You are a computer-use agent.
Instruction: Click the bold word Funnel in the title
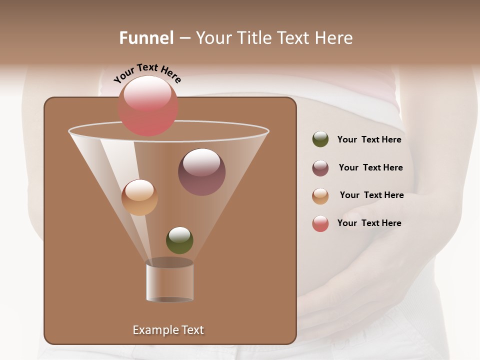(x=146, y=38)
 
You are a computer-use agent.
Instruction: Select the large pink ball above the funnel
(x=147, y=106)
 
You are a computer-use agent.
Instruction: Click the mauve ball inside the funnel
(x=201, y=172)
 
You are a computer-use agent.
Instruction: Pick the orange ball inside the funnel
(x=139, y=197)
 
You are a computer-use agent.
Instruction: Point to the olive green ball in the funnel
(x=179, y=240)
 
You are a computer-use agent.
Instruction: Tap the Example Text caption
(x=168, y=330)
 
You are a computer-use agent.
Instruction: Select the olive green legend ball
(x=320, y=139)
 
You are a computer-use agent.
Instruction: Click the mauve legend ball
(x=320, y=168)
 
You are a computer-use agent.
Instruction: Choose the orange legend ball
(x=320, y=196)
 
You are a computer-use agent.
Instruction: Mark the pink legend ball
(x=320, y=224)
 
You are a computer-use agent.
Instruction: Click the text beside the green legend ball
(x=369, y=140)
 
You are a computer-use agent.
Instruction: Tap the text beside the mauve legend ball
(x=370, y=168)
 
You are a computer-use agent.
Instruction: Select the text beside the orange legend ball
(x=371, y=195)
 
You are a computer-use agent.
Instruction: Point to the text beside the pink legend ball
(x=369, y=223)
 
